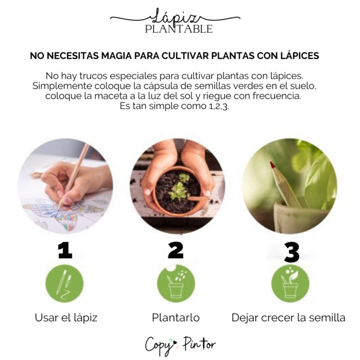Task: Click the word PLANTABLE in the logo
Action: coord(179,29)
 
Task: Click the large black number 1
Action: coord(65,251)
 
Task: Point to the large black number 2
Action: coord(176,250)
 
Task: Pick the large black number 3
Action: coord(292,253)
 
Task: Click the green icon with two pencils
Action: coord(64,284)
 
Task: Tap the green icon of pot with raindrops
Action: coord(176,284)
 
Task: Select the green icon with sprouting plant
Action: coord(290,284)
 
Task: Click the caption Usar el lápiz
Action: coord(66,318)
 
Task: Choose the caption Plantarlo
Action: coord(176,318)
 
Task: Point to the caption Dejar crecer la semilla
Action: coord(289,318)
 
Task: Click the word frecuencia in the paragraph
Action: coord(277,96)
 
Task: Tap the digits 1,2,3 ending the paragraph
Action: coord(219,106)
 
